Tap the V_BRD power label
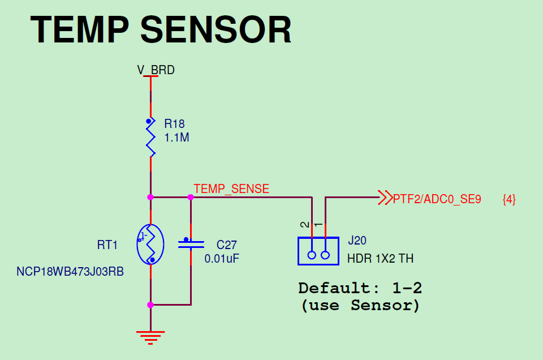coord(156,70)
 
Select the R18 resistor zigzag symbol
coord(150,138)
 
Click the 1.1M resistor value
coord(176,138)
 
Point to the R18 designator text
coord(174,124)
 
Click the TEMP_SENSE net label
coord(231,189)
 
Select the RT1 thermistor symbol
coord(150,245)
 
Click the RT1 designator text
coord(107,245)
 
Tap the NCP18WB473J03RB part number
coord(70,271)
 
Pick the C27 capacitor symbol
coord(191,244)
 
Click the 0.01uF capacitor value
coord(221,259)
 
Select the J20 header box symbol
coord(318,251)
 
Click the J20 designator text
coord(357,241)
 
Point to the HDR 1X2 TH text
coord(380,259)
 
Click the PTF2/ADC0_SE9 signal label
coord(437,199)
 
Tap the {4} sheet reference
coord(509,199)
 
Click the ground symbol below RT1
coord(150,337)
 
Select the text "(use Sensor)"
coord(360,306)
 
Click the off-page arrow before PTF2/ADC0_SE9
coord(385,198)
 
